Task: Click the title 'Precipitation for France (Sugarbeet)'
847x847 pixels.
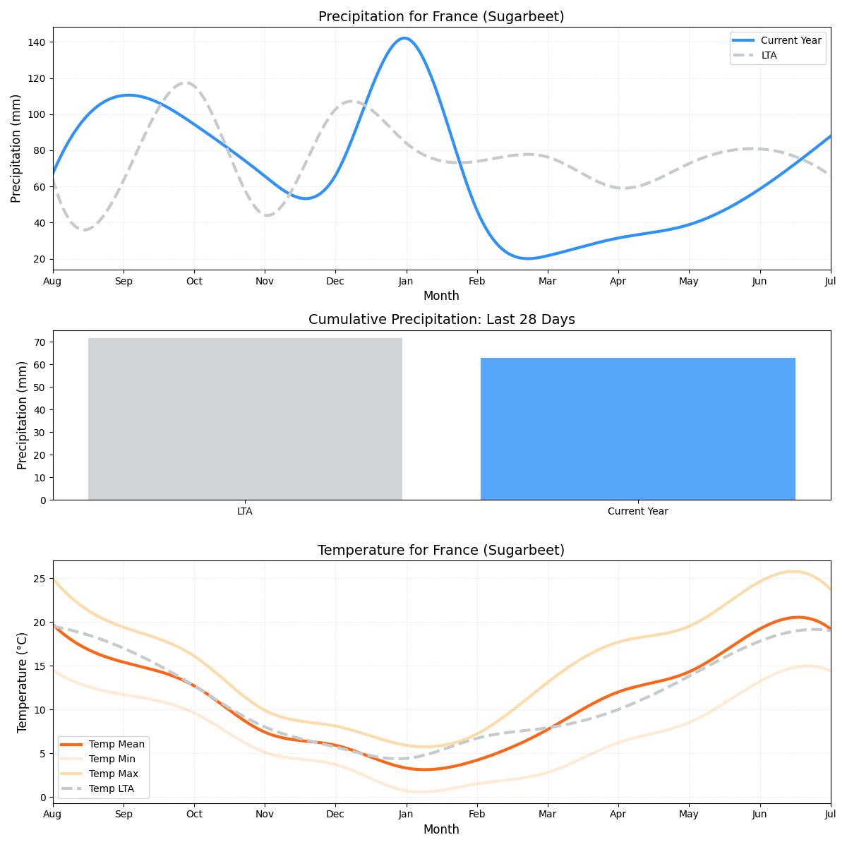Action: pyautogui.click(x=441, y=16)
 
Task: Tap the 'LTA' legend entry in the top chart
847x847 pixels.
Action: pyautogui.click(x=769, y=55)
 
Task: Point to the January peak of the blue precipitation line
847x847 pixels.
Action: pyautogui.click(x=404, y=38)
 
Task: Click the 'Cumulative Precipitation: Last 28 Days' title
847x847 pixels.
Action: pyautogui.click(x=441, y=320)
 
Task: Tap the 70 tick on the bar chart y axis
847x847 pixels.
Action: pyautogui.click(x=40, y=342)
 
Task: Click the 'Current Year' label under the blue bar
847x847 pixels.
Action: pyautogui.click(x=637, y=511)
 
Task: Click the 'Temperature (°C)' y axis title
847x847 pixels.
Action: pyautogui.click(x=22, y=682)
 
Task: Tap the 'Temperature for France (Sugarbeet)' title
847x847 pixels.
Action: pyautogui.click(x=441, y=550)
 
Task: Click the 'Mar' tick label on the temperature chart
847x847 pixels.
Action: pyautogui.click(x=547, y=814)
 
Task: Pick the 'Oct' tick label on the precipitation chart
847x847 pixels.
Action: pyautogui.click(x=194, y=281)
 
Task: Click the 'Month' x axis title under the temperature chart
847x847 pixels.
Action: pyautogui.click(x=441, y=829)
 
